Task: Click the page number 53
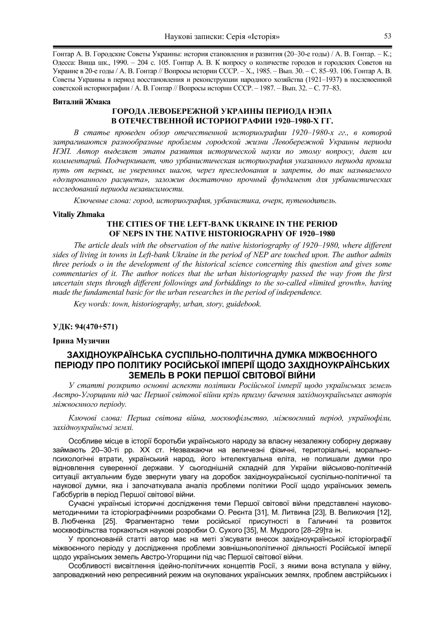388,36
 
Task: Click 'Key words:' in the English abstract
91,304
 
